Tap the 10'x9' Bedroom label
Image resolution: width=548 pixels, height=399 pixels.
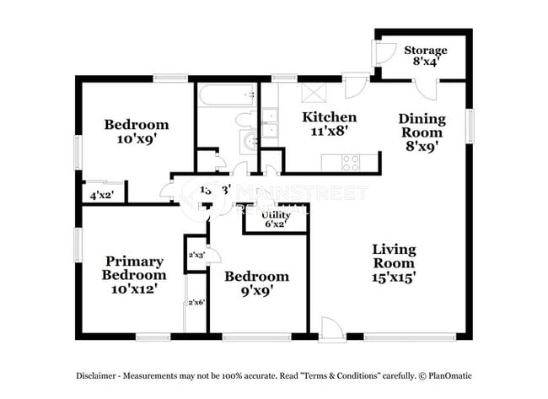(x=136, y=132)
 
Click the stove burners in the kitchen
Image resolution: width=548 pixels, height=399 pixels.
(x=350, y=161)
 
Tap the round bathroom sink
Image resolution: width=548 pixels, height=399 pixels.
(x=250, y=142)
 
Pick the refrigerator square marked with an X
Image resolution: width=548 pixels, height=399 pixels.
(x=312, y=92)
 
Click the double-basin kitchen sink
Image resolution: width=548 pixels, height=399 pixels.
(x=269, y=124)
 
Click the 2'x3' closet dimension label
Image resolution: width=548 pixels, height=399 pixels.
(x=196, y=254)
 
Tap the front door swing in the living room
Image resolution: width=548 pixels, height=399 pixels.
(x=331, y=329)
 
